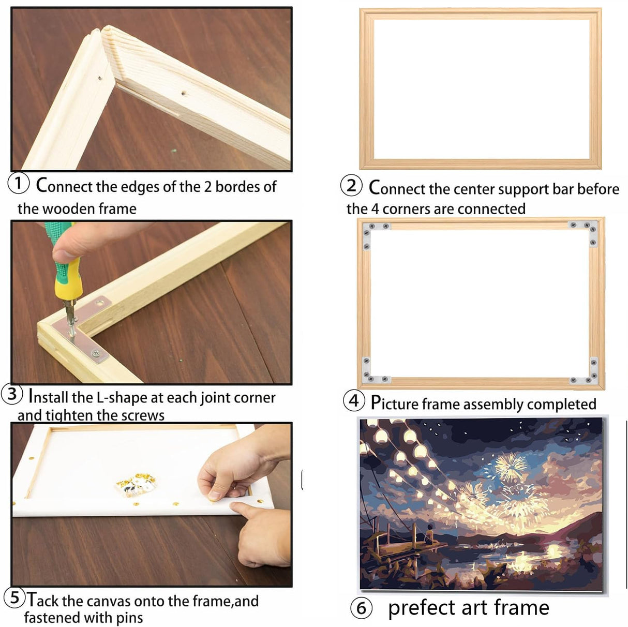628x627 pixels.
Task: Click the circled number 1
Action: pyautogui.click(x=18, y=183)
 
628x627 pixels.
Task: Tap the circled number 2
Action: pyautogui.click(x=351, y=186)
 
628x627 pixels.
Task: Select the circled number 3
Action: pyautogui.click(x=12, y=394)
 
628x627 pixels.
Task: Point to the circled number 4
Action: pyautogui.click(x=354, y=400)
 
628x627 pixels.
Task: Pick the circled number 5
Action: pyautogui.click(x=14, y=598)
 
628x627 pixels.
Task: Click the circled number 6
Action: pyautogui.click(x=361, y=608)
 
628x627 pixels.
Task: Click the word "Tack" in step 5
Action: pyautogui.click(x=43, y=600)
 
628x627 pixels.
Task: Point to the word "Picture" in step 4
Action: pyautogui.click(x=394, y=403)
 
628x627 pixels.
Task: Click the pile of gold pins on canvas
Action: pyautogui.click(x=136, y=484)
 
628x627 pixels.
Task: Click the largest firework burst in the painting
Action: pyautogui.click(x=510, y=467)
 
